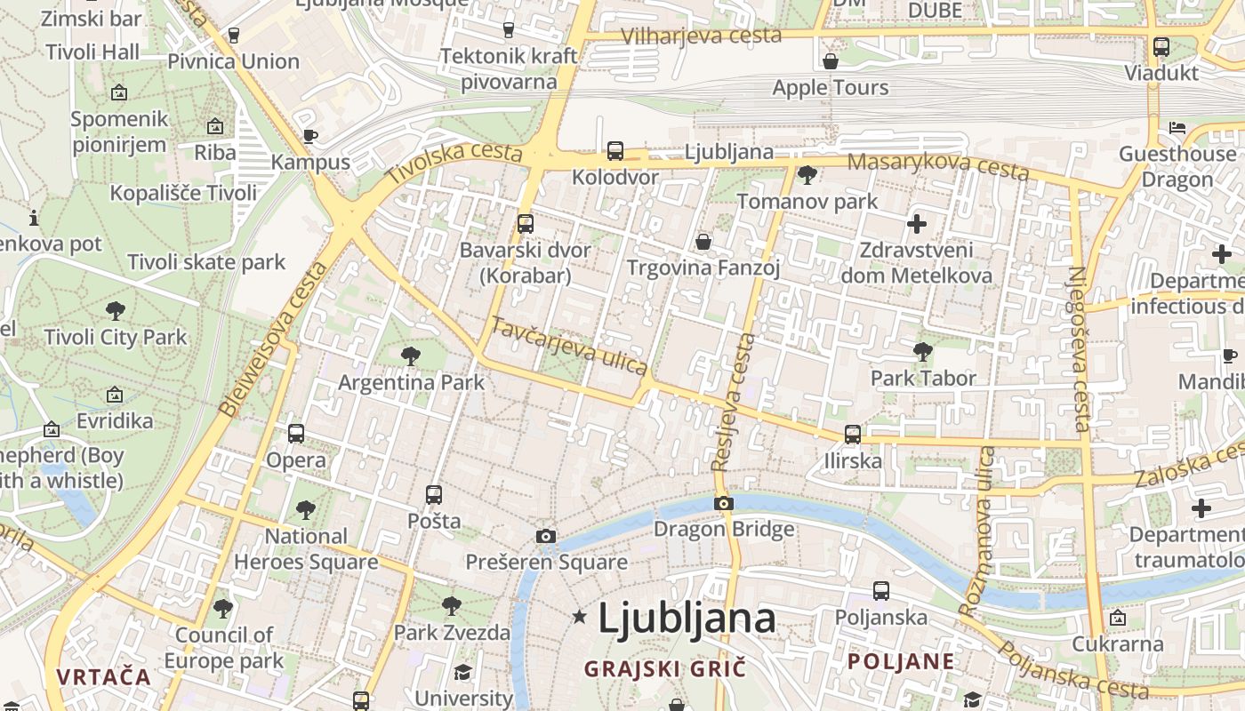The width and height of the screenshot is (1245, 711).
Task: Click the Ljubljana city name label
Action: (687, 618)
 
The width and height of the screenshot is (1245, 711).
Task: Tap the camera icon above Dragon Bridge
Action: (724, 504)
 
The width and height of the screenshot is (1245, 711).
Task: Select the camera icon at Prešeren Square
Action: (546, 536)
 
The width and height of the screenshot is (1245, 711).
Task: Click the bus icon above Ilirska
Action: (853, 435)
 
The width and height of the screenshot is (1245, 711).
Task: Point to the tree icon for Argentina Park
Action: (410, 356)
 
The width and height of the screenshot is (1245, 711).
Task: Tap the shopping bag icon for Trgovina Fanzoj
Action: (703, 242)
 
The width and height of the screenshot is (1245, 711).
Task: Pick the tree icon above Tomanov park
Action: (807, 175)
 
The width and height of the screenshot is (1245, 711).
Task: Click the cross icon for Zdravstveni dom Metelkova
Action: (917, 224)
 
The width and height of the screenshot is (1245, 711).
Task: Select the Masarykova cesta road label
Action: (937, 166)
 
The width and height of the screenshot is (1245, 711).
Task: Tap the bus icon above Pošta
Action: (434, 495)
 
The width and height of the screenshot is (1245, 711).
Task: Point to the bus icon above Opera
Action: (296, 434)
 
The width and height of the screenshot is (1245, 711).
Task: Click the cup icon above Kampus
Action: (309, 136)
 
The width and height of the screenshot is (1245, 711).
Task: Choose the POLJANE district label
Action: (901, 661)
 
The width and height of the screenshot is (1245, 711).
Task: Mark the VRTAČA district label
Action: (104, 676)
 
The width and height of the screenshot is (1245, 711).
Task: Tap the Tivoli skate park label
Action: (206, 262)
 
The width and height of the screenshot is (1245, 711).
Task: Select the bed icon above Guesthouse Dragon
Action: (1177, 128)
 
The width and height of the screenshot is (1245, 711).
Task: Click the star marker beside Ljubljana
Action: (580, 616)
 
